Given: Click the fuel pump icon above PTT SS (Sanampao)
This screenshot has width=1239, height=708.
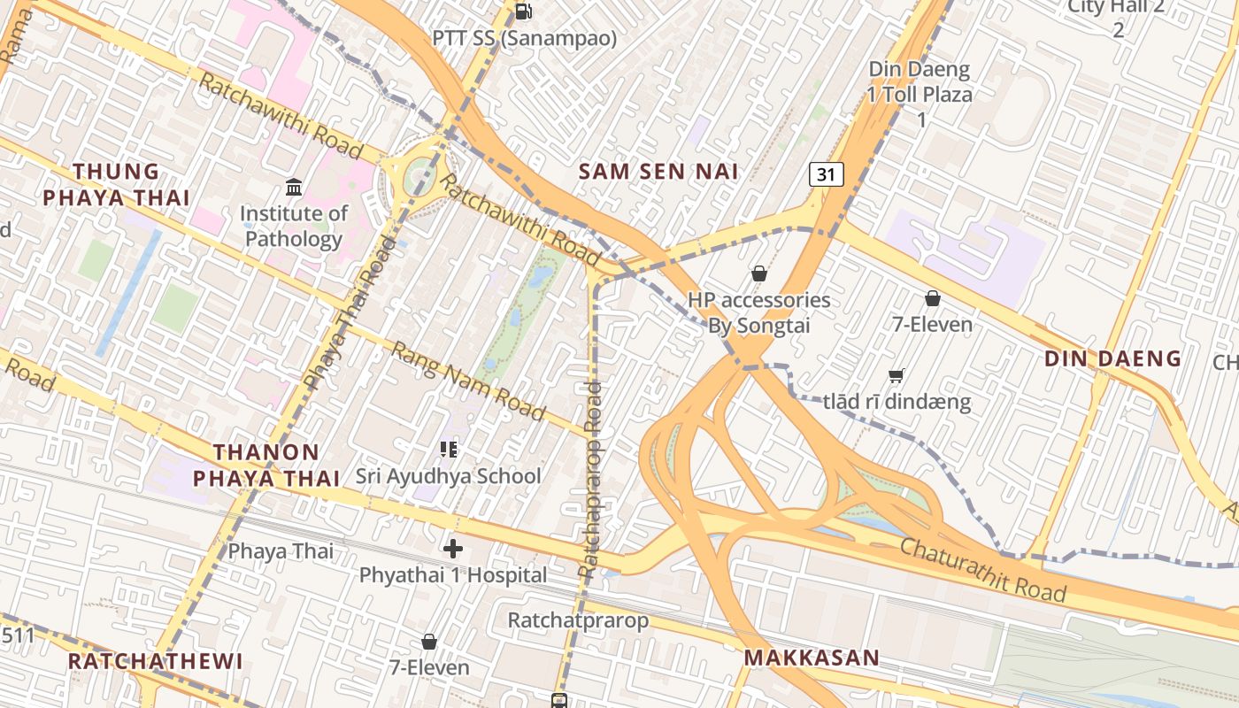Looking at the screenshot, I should click(523, 12).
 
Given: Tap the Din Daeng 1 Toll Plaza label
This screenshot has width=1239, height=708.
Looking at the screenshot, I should click(920, 94).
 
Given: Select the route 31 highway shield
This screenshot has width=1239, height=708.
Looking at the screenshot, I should click(826, 174).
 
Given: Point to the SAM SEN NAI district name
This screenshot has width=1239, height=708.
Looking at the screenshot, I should click(658, 172).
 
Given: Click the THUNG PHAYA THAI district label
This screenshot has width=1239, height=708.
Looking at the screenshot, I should click(116, 184).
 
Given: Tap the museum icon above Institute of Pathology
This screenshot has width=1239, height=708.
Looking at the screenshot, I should click(294, 187).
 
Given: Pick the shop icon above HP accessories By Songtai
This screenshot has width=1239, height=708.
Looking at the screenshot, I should click(758, 273).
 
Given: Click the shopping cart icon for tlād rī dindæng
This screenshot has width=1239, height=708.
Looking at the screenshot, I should click(896, 376).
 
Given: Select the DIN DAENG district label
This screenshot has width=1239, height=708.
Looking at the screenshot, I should click(1112, 358).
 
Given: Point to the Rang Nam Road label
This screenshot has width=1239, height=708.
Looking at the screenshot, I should click(468, 381).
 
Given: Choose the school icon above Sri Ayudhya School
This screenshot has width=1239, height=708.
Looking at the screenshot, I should click(449, 450).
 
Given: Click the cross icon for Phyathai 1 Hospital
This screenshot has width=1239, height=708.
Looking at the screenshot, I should click(453, 549).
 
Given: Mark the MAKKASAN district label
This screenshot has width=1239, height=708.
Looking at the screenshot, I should click(812, 658).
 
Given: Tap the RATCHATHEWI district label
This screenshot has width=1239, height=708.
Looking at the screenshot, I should click(155, 661).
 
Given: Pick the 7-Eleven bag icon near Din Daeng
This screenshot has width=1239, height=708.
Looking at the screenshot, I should click(932, 299).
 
